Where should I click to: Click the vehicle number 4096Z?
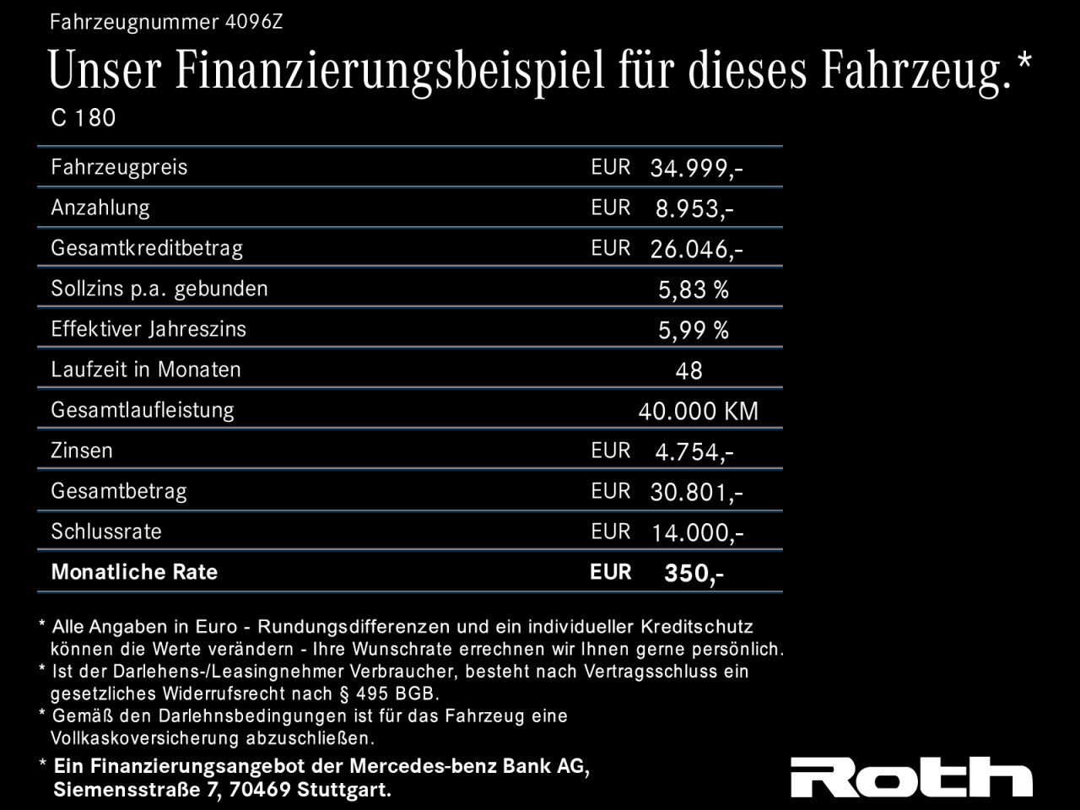tap(254, 22)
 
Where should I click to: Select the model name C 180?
tap(83, 118)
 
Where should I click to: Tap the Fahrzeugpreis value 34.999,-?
tap(696, 168)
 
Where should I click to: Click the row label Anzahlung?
tap(100, 208)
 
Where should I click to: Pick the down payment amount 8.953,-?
tap(694, 208)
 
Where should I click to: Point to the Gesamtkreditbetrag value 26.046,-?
tap(696, 249)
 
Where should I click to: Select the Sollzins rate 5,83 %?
tap(693, 289)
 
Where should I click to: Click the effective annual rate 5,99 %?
tap(693, 330)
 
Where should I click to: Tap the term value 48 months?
tap(688, 370)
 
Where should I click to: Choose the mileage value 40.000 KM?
tap(698, 411)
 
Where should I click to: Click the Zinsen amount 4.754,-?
tap(694, 451)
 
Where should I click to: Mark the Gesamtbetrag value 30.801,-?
tap(696, 492)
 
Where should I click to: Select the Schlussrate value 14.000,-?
tap(696, 532)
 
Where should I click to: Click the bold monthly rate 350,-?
tap(694, 574)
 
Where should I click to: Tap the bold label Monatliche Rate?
tap(134, 572)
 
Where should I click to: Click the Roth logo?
tap(911, 777)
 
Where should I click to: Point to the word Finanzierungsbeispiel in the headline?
tap(390, 71)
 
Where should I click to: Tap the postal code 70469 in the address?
tap(259, 791)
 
